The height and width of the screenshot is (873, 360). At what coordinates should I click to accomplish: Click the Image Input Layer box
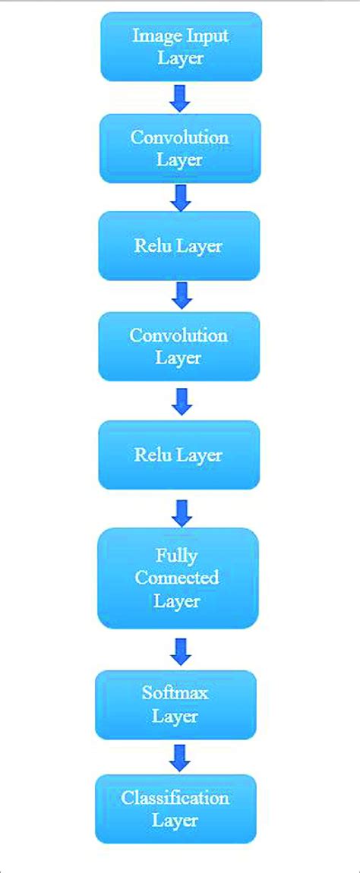[181, 46]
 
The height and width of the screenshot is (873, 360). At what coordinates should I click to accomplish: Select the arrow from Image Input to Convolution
[181, 98]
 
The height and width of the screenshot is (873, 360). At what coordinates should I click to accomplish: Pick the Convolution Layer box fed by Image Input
[180, 148]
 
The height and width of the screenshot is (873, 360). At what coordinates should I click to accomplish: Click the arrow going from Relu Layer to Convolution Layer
[181, 295]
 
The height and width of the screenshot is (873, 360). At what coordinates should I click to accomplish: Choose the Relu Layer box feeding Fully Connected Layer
[178, 455]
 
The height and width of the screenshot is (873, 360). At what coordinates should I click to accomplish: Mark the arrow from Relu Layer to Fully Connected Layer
[181, 512]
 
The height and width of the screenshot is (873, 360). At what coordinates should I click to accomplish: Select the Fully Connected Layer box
[178, 578]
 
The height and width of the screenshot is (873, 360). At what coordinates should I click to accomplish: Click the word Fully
[177, 554]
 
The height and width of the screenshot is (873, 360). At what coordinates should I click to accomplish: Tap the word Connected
[177, 578]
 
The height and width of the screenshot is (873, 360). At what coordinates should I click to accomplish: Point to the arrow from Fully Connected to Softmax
[181, 650]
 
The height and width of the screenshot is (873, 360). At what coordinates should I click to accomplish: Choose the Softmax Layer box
[175, 704]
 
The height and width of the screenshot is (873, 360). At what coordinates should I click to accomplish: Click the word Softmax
[175, 693]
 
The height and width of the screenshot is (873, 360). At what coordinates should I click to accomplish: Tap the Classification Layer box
[175, 808]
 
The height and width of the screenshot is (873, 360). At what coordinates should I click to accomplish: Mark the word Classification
[175, 798]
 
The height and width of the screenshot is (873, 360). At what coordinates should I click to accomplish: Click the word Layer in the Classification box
[175, 821]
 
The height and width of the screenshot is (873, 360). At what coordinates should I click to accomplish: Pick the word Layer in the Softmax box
[175, 717]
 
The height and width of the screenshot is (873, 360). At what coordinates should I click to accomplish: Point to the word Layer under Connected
[177, 601]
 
